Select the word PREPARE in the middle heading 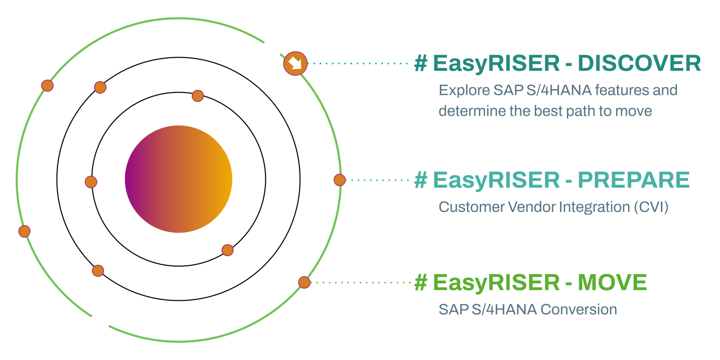coord(634,180)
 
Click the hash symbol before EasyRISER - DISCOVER coord(421,63)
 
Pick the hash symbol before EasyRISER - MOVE coord(421,282)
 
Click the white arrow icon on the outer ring coord(295,64)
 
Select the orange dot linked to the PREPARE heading coord(339,180)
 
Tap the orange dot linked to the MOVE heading coord(304,282)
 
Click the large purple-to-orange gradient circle coord(178,179)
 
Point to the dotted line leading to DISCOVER coord(360,64)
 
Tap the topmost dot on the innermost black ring coord(197,96)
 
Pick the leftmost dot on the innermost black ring coord(91,182)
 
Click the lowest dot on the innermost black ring coord(227,250)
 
